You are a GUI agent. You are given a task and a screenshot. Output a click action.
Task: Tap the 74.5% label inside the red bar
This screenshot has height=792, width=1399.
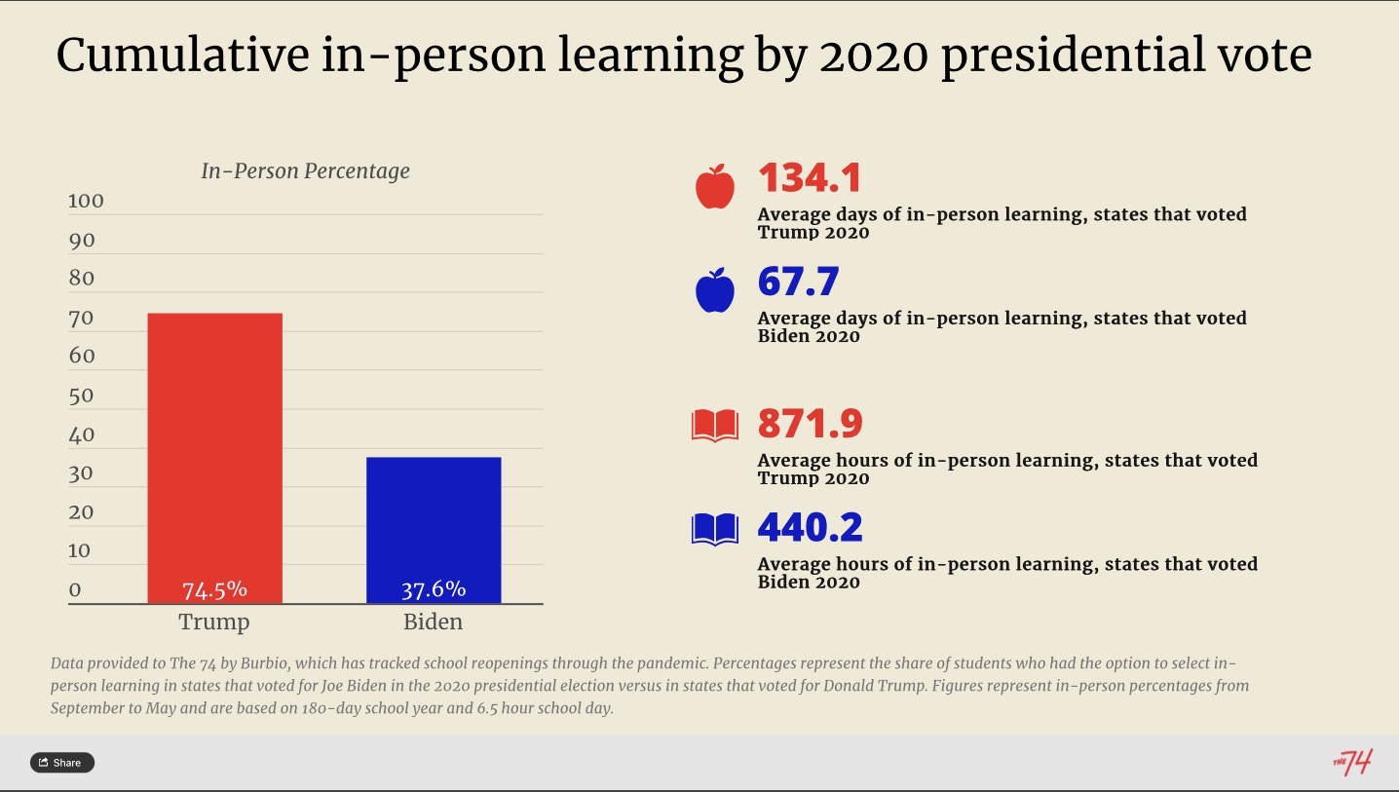tap(214, 589)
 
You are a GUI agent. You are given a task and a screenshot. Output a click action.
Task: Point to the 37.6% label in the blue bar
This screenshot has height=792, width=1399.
tap(434, 589)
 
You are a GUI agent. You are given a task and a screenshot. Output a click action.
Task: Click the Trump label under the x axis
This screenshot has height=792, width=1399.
tap(214, 622)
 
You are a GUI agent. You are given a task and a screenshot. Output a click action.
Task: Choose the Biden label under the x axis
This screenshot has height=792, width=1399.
tap(434, 622)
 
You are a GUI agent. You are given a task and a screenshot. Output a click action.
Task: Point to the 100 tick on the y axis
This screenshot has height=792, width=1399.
tap(86, 202)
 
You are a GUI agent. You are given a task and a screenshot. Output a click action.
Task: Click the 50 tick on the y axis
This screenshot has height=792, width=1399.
tap(82, 396)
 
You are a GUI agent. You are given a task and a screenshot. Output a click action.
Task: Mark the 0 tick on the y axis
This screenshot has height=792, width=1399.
tap(75, 589)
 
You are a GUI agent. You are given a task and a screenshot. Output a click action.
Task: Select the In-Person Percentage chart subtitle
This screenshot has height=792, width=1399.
tap(305, 171)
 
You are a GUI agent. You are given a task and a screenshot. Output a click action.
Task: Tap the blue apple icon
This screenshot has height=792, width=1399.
tap(715, 290)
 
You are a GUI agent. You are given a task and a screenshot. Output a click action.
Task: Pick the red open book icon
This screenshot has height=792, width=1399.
tap(715, 426)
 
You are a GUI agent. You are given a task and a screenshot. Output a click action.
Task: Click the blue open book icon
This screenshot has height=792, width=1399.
tap(715, 529)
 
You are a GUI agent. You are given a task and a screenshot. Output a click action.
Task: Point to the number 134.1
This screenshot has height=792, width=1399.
tap(810, 178)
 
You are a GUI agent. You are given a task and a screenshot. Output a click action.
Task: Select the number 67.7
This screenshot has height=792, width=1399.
tap(798, 283)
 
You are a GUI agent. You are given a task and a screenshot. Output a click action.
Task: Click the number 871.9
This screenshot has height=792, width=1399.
tap(811, 424)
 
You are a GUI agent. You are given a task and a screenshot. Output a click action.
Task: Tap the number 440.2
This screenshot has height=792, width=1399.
tap(811, 528)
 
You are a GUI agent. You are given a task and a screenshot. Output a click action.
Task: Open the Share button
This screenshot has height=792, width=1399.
tap(62, 762)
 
